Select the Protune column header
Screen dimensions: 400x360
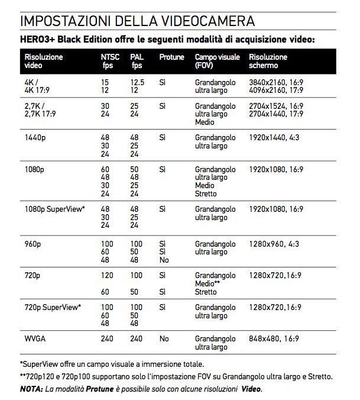pyautogui.click(x=171, y=57)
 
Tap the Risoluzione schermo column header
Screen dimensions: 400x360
pyautogui.click(x=268, y=61)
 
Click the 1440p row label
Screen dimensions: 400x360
pyautogui.click(x=34, y=137)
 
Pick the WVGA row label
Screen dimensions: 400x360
pyautogui.click(x=35, y=339)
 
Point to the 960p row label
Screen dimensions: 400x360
pyautogui.click(x=32, y=244)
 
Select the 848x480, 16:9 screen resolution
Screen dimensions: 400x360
pyautogui.click(x=274, y=339)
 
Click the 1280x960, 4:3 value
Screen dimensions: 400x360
pyautogui.click(x=273, y=244)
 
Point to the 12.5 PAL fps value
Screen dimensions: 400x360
pyautogui.click(x=138, y=82)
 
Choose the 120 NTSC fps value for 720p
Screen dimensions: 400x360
pyautogui.click(x=107, y=276)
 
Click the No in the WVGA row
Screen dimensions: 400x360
pyautogui.click(x=164, y=339)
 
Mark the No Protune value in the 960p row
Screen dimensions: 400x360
pyautogui.click(x=164, y=259)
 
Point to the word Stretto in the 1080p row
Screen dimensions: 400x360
pyautogui.click(x=206, y=193)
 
